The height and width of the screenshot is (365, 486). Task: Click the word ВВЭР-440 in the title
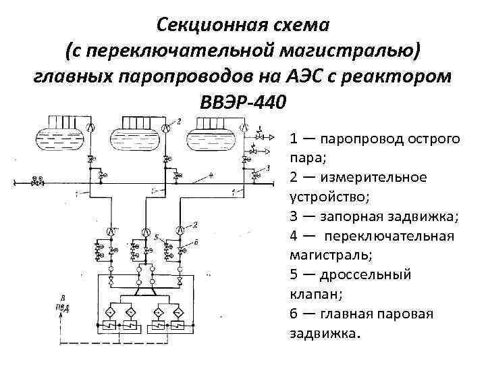coord(243,101)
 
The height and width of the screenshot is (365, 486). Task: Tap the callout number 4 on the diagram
coord(211,174)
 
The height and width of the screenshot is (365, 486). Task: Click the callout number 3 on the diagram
coord(268,167)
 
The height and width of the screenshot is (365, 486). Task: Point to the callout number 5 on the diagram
coord(156,237)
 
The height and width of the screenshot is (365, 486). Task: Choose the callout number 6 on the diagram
coord(196,241)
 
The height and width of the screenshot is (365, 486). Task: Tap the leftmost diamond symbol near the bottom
coord(109,312)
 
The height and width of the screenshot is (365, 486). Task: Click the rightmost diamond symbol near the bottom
coord(178,312)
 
